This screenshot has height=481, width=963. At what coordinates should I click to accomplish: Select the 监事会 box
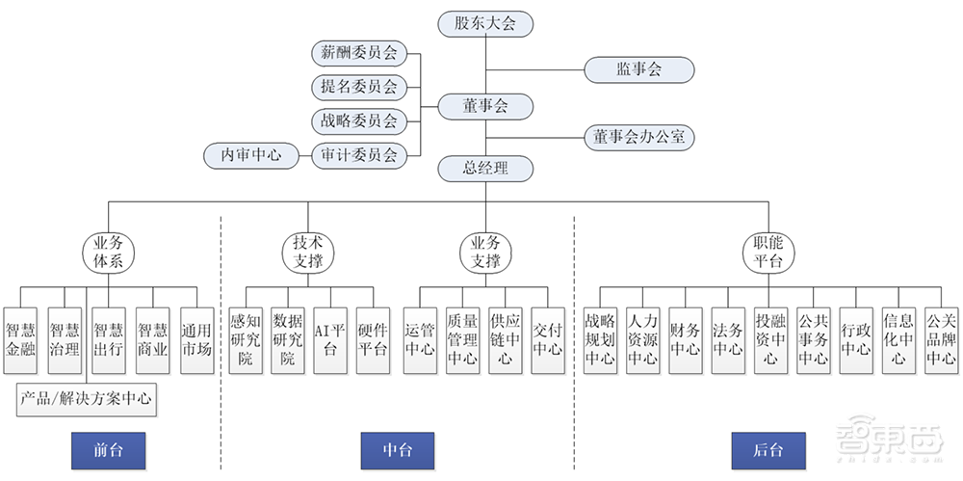pyautogui.click(x=638, y=69)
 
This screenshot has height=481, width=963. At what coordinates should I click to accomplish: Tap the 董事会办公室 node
pyautogui.click(x=638, y=138)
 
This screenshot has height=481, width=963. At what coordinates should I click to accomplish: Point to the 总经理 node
pyautogui.click(x=485, y=169)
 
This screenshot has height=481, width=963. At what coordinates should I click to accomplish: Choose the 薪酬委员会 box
pyautogui.click(x=359, y=53)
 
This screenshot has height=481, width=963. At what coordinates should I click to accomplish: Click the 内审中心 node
pyautogui.click(x=251, y=154)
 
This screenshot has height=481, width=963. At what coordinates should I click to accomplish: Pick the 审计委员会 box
pyautogui.click(x=359, y=154)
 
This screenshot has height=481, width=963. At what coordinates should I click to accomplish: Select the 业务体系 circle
pyautogui.click(x=108, y=253)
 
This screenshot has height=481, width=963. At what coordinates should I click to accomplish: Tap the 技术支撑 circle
pyautogui.click(x=308, y=253)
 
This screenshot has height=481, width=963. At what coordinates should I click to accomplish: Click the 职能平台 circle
pyautogui.click(x=768, y=253)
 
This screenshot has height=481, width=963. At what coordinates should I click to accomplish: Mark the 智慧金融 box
pyautogui.click(x=21, y=330)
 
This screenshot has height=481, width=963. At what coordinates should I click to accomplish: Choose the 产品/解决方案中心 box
pyautogui.click(x=86, y=398)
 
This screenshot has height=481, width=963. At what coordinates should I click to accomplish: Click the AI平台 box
pyautogui.click(x=329, y=330)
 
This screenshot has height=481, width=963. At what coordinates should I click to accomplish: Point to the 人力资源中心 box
pyautogui.click(x=642, y=330)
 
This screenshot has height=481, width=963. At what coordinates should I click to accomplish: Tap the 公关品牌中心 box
pyautogui.click(x=940, y=330)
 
